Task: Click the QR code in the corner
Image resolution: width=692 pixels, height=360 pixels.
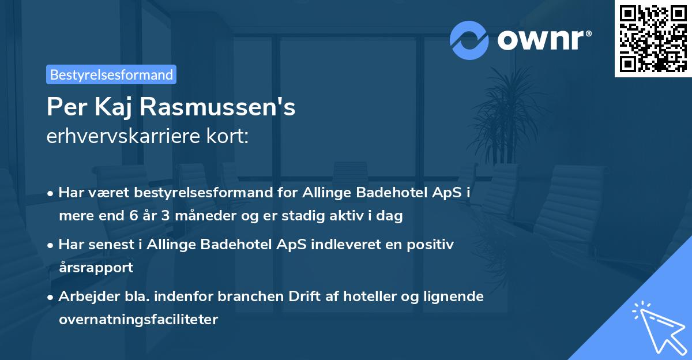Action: (x=653, y=38)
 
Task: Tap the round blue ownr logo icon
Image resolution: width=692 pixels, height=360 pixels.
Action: (x=469, y=40)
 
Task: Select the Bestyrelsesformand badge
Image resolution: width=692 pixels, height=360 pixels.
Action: (x=111, y=74)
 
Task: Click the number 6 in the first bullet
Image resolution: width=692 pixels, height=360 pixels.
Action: (x=126, y=216)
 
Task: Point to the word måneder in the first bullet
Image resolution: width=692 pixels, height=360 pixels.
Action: (x=190, y=216)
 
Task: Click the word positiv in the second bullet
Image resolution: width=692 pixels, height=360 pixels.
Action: (x=432, y=244)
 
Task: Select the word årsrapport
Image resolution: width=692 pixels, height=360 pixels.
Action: (x=96, y=267)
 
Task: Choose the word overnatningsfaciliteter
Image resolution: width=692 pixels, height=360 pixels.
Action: (x=138, y=319)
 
